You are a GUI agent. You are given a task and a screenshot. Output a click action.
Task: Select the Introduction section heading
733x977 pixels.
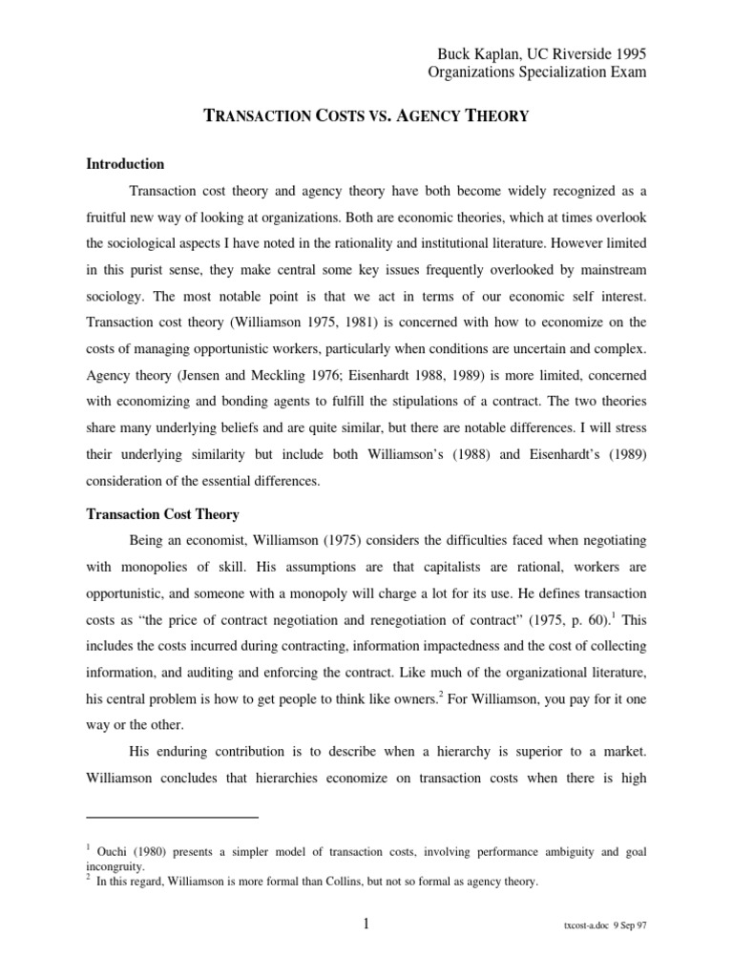(x=125, y=164)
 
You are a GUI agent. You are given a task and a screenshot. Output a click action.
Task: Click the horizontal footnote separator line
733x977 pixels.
(x=173, y=818)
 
